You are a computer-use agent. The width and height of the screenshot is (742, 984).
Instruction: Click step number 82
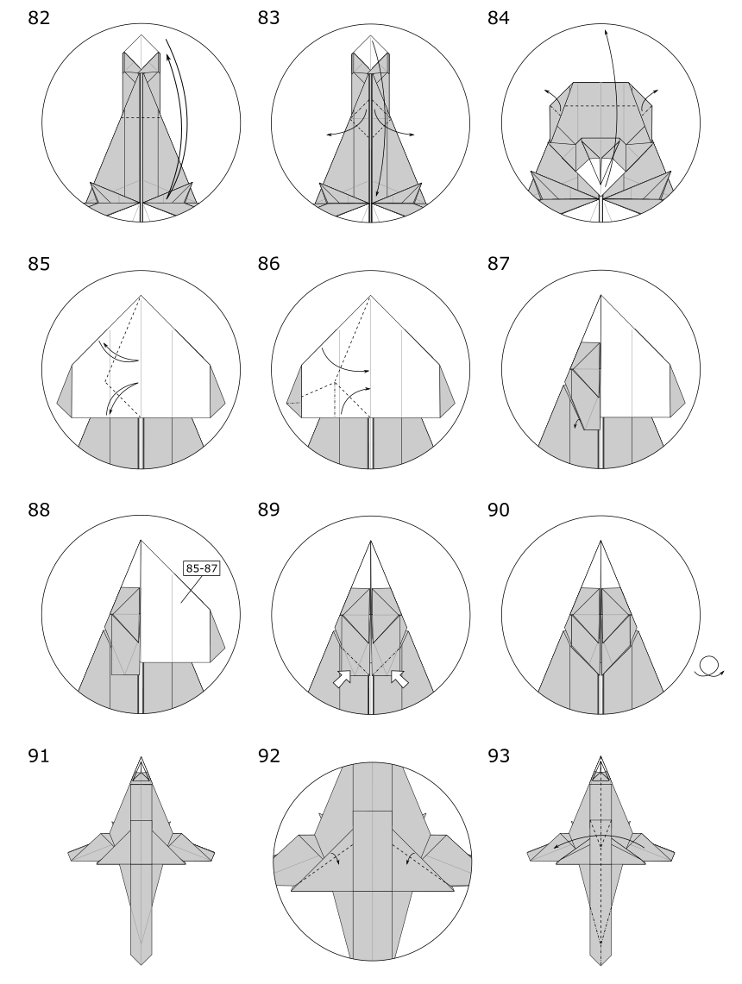coord(38,18)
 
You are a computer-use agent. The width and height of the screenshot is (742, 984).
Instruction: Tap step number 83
coord(268,18)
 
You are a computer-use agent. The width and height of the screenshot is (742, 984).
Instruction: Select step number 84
coord(499,18)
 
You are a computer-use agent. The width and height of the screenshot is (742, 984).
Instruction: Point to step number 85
coord(38,264)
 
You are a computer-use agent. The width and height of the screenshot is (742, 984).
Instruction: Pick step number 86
coord(268,264)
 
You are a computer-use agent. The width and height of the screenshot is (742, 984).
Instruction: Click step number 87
coord(499,264)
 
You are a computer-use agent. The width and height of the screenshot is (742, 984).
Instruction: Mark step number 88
coord(38,510)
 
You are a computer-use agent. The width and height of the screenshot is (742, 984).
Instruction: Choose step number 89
coord(268,510)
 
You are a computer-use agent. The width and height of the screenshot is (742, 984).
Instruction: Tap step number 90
coord(499,510)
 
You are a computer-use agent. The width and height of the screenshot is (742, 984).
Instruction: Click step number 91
coord(38,755)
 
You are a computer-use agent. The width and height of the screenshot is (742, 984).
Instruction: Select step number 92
coord(268,755)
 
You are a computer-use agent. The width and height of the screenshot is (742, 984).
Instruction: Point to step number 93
coord(499,755)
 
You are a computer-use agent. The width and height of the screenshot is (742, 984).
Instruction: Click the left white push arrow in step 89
coord(343,679)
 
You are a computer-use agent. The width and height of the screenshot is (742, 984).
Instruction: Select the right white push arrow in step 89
coord(399,679)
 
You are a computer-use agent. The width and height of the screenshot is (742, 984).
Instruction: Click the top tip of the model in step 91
coord(141,757)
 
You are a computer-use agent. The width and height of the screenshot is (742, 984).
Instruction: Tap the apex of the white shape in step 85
coord(141,295)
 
